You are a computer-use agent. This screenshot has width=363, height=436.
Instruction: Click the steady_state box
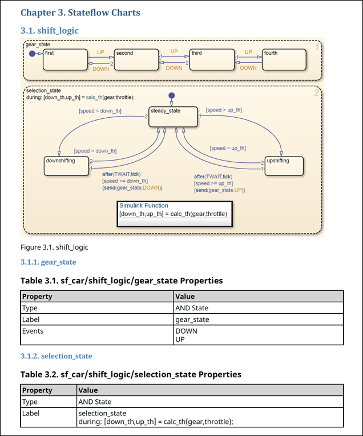[x=172, y=117]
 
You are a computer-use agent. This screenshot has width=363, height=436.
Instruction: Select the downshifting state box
[x=67, y=166]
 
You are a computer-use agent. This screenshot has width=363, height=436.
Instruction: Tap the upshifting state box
[x=284, y=166]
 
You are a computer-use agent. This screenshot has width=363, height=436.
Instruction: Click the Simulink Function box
[x=174, y=213]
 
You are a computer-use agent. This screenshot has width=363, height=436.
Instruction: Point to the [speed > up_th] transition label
[x=224, y=110]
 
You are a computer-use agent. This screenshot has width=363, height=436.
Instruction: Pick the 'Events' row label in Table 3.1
[x=33, y=331]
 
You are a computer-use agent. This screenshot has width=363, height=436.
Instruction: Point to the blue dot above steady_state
[x=171, y=95]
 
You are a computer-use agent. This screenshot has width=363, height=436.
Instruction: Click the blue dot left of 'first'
[x=32, y=53]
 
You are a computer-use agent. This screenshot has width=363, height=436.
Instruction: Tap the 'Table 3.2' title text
[x=131, y=374]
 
